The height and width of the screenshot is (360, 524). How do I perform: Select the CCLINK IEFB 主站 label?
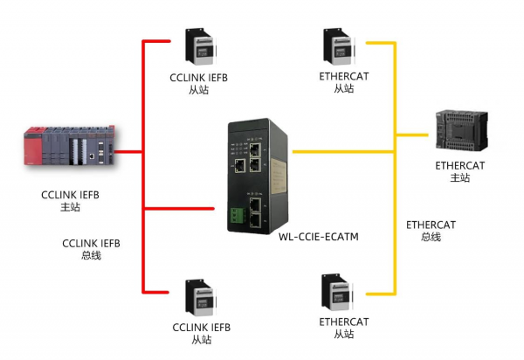point(70,201)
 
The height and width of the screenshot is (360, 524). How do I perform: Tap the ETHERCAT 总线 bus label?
point(431,231)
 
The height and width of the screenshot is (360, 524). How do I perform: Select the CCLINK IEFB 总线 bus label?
point(89,249)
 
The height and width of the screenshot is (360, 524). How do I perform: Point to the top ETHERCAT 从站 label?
point(343,82)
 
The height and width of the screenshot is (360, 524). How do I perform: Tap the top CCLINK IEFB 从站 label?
point(199,83)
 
